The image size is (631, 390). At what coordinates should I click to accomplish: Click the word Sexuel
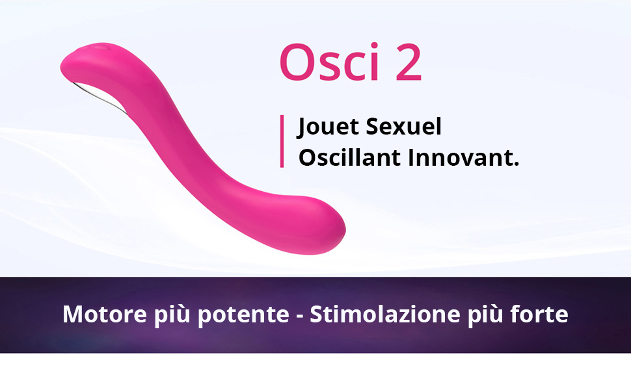[404, 127]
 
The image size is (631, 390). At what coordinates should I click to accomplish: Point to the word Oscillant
[350, 158]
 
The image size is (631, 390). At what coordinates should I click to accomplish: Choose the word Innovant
[463, 158]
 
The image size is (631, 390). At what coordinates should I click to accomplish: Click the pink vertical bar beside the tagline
[282, 141]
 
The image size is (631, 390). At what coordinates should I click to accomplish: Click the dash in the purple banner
[299, 316]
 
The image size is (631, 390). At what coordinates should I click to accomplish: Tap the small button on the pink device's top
[99, 47]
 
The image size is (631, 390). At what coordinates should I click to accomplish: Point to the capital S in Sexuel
[373, 127]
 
